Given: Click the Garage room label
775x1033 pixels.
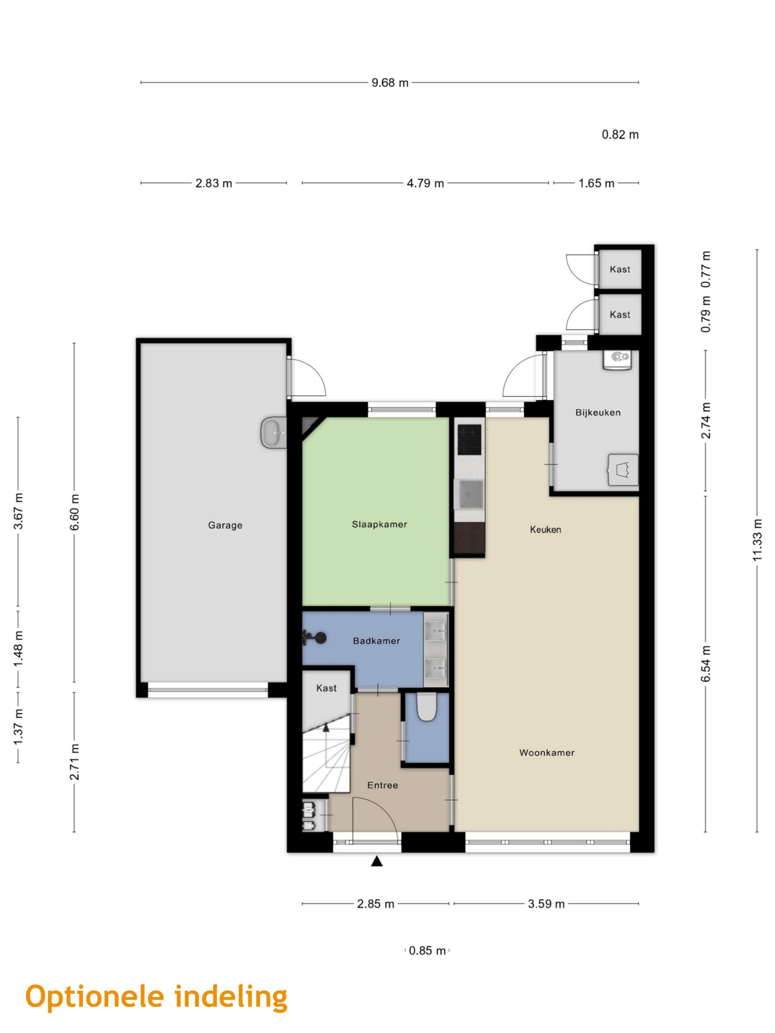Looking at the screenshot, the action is [x=225, y=525].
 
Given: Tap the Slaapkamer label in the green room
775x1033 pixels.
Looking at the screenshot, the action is [x=379, y=525].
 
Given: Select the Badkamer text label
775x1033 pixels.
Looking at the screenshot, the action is [x=377, y=641].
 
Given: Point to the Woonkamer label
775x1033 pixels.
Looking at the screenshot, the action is [x=547, y=752].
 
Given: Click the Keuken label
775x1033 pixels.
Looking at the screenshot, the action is [x=545, y=529].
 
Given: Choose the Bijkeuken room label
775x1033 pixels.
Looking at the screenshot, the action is [x=598, y=412].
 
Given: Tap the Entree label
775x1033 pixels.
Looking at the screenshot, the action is [x=383, y=785].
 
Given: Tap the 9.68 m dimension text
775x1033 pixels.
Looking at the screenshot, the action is [x=390, y=83].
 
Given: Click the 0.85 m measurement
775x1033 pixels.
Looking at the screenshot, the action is [x=427, y=950].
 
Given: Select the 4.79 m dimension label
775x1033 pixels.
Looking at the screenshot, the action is [x=425, y=183].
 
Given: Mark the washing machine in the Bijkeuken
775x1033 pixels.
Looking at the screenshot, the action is [x=622, y=469].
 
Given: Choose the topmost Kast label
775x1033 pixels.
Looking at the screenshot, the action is [x=620, y=269].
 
